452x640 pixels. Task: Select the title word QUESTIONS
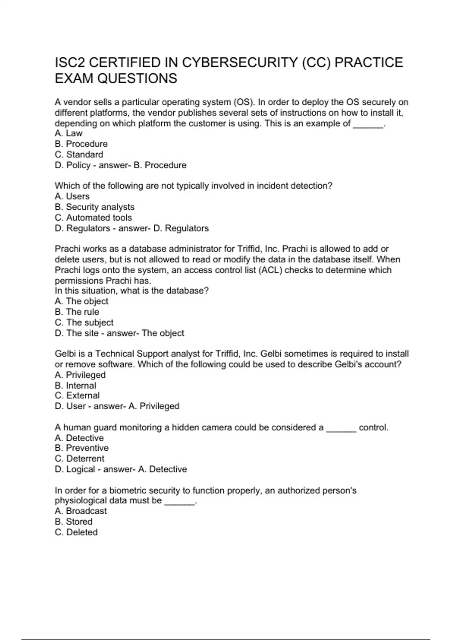pos(137,79)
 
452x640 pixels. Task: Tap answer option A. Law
pos(69,133)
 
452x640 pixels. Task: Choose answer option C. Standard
pos(79,154)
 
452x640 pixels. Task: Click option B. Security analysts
pos(95,207)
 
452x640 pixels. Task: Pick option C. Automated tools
pos(93,218)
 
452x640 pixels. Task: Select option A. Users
pos(72,197)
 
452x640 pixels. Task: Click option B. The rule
pos(77,312)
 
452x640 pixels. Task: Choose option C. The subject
pos(84,323)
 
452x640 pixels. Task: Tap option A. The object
pos(81,301)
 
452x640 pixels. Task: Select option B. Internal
pos(75,386)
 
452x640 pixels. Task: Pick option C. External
pos(77,396)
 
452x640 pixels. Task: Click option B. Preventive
pos(82,448)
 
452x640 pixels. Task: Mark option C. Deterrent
pos(79,459)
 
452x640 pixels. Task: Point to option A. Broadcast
pos(81,511)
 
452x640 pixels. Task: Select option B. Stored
pos(73,522)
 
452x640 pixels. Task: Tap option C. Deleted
pos(76,532)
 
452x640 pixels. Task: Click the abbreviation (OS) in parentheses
pos(244,102)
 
